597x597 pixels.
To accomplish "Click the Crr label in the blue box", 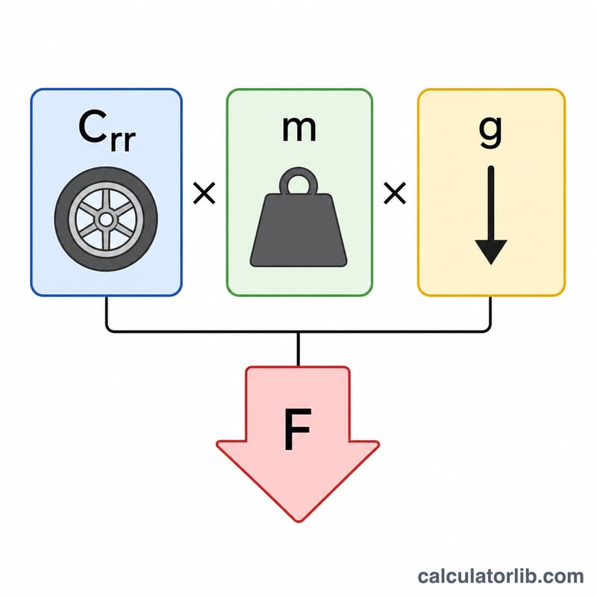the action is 107,130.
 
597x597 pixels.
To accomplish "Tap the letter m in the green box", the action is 299,128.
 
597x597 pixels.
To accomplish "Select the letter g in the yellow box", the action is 490,132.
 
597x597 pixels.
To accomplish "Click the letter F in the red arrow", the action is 298,429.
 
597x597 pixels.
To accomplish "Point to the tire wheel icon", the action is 106,219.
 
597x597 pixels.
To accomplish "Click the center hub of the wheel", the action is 106,219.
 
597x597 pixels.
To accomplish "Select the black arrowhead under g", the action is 491,251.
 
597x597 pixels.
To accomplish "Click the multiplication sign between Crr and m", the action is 204,193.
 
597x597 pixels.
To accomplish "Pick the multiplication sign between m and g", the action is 395,193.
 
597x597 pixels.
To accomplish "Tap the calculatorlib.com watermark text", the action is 501,576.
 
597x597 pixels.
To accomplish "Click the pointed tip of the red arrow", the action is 299,522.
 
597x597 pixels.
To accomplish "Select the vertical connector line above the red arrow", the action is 298,349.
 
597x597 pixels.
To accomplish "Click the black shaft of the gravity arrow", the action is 491,204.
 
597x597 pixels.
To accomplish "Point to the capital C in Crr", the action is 92,126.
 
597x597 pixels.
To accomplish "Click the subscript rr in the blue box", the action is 122,141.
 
